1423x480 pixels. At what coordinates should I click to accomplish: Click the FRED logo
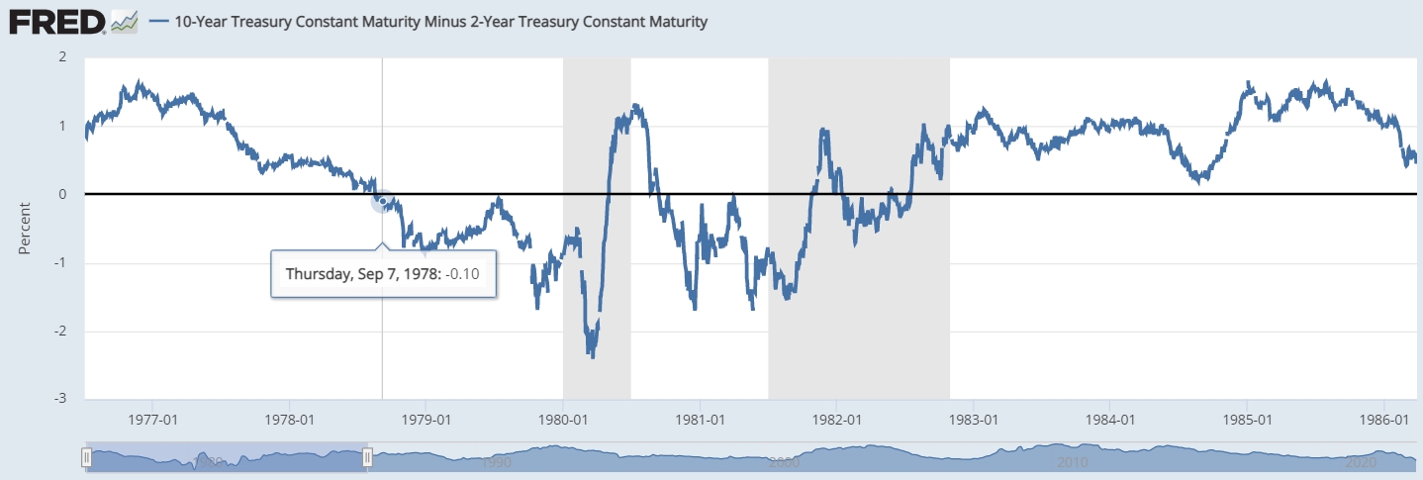coord(57,20)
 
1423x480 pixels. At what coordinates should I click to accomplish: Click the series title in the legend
coord(440,21)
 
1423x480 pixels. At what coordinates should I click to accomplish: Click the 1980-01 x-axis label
coord(563,419)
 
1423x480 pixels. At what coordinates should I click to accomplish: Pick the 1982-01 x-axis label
coord(837,419)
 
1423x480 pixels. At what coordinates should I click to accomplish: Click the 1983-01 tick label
coord(974,419)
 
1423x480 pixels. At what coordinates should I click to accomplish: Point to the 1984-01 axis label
coord(1110,419)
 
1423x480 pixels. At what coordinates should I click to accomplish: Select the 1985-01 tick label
coord(1248,419)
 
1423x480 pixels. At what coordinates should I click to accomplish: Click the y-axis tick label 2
coord(62,56)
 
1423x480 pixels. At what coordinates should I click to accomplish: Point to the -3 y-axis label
coord(60,399)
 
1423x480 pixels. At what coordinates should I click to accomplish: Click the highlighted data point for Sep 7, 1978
coord(382,201)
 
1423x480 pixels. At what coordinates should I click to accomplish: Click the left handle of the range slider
coord(86,457)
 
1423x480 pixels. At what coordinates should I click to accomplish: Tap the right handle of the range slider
coord(368,457)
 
